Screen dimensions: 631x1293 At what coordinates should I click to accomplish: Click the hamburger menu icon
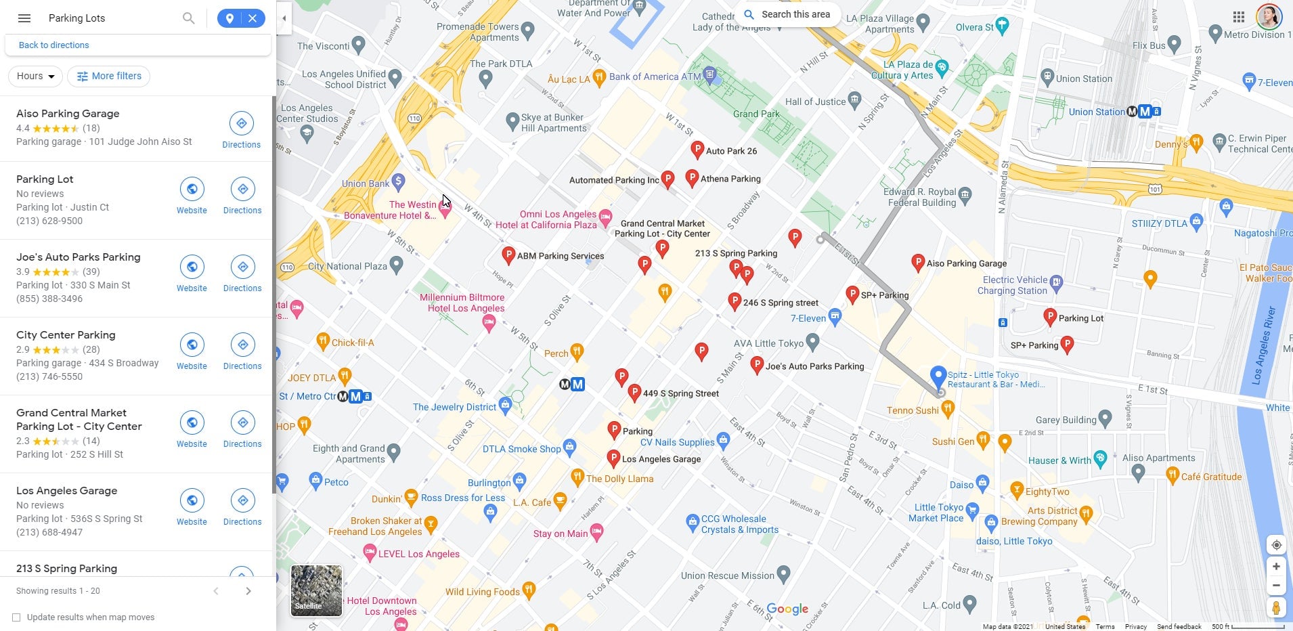click(x=24, y=18)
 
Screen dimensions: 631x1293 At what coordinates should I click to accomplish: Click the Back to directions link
click(x=53, y=45)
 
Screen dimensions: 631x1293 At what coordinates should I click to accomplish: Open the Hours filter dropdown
click(x=35, y=77)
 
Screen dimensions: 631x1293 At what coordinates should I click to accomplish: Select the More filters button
click(x=108, y=77)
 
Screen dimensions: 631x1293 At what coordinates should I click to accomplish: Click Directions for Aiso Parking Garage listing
click(x=241, y=130)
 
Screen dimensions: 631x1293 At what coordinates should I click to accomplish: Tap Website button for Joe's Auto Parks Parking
click(x=192, y=273)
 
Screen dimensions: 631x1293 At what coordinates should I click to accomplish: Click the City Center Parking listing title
click(x=66, y=335)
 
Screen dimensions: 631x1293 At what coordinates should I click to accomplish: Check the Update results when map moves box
click(x=16, y=617)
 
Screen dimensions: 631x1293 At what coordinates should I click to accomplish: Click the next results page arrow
click(x=248, y=591)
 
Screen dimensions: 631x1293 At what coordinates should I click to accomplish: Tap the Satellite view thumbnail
click(x=316, y=590)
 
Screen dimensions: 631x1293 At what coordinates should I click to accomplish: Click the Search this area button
click(x=788, y=14)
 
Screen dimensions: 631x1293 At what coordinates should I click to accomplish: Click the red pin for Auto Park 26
click(x=697, y=150)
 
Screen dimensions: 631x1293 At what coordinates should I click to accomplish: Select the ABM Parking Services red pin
click(x=508, y=255)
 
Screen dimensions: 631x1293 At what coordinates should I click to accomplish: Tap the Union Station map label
click(x=1083, y=79)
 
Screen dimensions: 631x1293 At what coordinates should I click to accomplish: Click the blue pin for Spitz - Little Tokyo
click(x=938, y=375)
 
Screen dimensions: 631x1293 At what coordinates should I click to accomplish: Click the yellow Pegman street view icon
click(x=1275, y=608)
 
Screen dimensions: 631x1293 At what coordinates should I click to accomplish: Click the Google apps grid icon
click(x=1238, y=18)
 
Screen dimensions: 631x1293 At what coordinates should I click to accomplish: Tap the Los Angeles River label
click(x=1263, y=345)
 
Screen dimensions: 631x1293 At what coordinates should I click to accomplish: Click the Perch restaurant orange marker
click(x=577, y=351)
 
